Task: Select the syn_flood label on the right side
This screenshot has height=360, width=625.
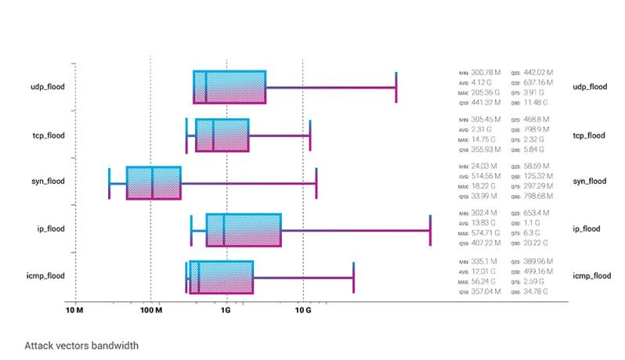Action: (590, 182)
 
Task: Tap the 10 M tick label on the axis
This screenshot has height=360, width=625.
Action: (75, 311)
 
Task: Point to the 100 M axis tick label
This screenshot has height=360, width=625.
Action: (150, 311)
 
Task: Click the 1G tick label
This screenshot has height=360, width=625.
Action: (226, 311)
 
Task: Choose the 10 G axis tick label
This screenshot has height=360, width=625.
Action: (302, 311)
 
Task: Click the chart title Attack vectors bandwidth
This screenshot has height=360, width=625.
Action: (81, 344)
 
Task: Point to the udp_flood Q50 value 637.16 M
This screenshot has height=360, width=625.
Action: (538, 82)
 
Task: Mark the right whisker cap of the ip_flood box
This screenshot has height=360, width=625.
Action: (430, 229)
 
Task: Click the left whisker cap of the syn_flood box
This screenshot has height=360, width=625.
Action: (110, 182)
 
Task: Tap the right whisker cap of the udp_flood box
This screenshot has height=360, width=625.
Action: (396, 87)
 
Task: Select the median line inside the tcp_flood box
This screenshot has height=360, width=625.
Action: (213, 135)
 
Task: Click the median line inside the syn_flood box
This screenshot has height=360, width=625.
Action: (153, 182)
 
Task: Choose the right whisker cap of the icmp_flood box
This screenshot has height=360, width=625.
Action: (353, 277)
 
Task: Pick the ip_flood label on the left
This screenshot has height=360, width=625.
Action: (49, 229)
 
